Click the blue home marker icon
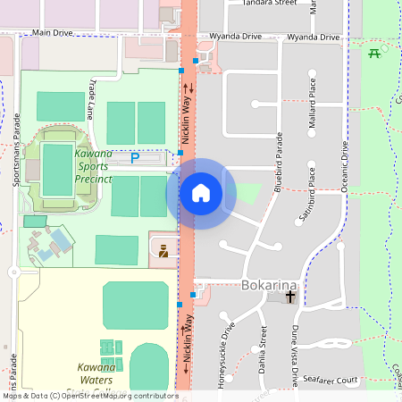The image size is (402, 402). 201,193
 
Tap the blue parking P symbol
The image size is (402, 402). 135,158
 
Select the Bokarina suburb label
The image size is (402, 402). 269,285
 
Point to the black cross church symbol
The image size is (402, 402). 290,296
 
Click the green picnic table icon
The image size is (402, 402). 373,52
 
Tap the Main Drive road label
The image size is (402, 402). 52,32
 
